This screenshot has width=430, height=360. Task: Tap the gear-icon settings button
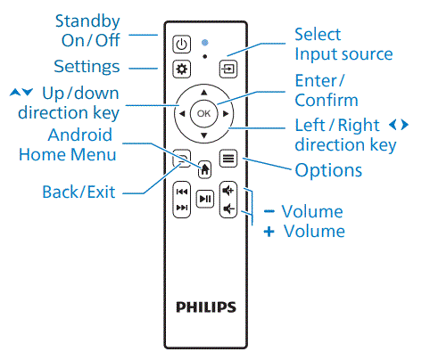181,69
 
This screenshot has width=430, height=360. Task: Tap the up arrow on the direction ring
204,92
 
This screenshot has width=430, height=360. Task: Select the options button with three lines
228,160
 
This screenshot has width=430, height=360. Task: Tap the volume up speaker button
228,191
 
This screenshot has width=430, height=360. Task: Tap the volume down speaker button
228,209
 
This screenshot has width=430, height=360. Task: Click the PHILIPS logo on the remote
205,307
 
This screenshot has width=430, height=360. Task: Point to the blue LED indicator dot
204,41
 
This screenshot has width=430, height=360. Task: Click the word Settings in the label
87,67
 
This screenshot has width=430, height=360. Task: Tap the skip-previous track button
181,191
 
